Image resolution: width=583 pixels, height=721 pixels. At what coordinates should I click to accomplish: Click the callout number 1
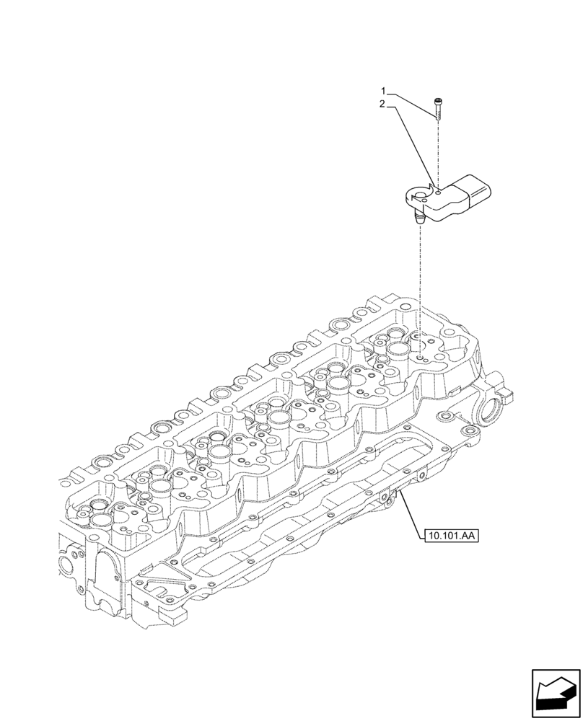(384, 92)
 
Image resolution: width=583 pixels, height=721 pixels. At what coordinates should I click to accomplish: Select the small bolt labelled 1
(439, 109)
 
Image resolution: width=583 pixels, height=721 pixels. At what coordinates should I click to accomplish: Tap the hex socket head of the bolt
(439, 101)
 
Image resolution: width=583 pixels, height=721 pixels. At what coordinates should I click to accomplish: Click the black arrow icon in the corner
(556, 694)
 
